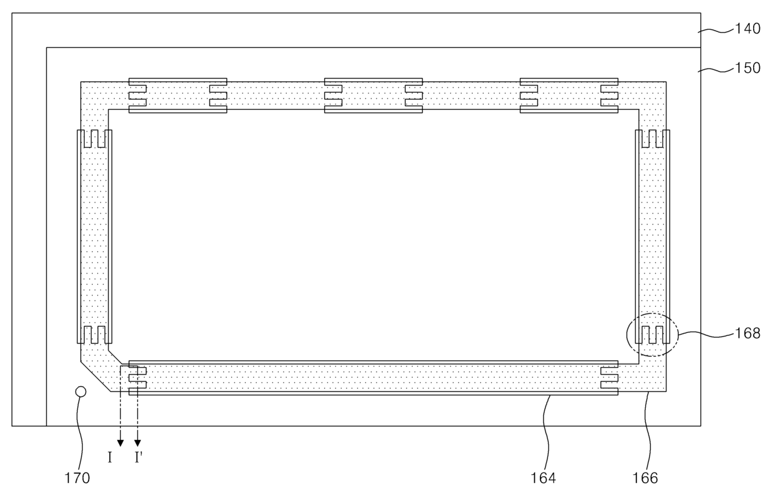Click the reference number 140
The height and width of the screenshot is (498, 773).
[748, 29]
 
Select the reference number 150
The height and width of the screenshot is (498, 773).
[748, 68]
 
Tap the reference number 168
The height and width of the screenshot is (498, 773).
[748, 333]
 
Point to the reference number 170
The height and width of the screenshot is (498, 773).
[79, 479]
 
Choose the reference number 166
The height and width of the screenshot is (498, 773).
[645, 479]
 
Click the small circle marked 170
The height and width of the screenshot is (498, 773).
[80, 391]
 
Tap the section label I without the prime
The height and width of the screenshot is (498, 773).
[110, 459]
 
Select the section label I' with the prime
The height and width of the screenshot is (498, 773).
[139, 459]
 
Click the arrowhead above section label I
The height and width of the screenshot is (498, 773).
[120, 443]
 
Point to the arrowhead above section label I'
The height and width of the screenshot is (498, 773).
[138, 443]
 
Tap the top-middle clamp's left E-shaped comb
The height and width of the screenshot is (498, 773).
[333, 95]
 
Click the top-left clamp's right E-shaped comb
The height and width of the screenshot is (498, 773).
[218, 95]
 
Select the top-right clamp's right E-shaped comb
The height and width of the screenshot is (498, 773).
[610, 95]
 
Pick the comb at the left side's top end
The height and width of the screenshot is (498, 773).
[94, 138]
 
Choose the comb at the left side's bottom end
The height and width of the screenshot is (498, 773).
[94, 335]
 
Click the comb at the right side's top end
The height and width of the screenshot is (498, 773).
[652, 138]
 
